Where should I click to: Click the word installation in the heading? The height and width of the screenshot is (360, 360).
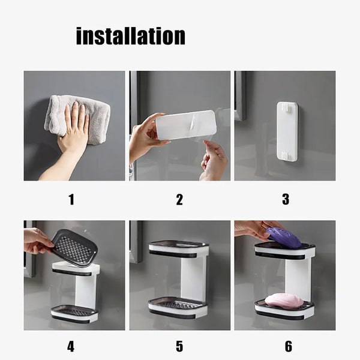tap(130, 36)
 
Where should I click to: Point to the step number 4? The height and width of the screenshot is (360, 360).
tap(71, 346)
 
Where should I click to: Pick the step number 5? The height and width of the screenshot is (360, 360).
tap(179, 346)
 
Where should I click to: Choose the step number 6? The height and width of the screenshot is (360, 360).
tap(288, 346)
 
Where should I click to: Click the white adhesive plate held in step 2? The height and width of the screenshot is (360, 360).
tap(186, 125)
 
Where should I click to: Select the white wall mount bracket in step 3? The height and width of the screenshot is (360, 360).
tap(287, 131)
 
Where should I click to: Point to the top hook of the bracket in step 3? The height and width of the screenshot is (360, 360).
tap(287, 109)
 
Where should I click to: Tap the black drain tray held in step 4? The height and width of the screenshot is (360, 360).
tap(74, 246)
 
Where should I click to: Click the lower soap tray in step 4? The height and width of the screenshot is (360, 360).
tap(74, 313)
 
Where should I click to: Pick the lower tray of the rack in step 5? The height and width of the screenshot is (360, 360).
tap(178, 307)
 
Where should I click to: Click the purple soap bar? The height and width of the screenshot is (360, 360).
tap(284, 238)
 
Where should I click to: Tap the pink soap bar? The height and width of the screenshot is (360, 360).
tap(284, 300)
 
